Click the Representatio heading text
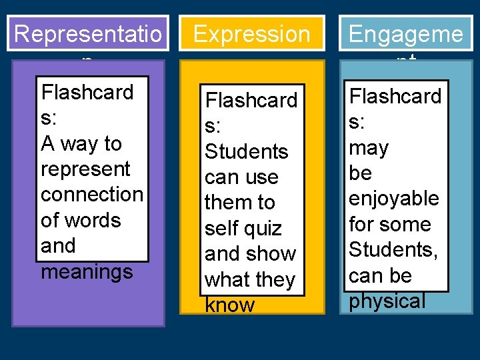pyautogui.click(x=87, y=34)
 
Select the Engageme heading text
pyautogui.click(x=405, y=34)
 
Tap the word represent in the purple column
pyautogui.click(x=85, y=169)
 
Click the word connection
pyautogui.click(x=92, y=195)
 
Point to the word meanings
pyautogui.click(x=87, y=272)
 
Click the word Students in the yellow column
pyautogui.click(x=246, y=152)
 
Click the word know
pyautogui.click(x=229, y=305)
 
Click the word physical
pyautogui.click(x=387, y=301)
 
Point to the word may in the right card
pyautogui.click(x=369, y=147)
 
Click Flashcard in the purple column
pyautogui.click(x=87, y=92)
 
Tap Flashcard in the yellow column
pyautogui.click(x=251, y=101)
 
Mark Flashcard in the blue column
pyautogui.click(x=395, y=96)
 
